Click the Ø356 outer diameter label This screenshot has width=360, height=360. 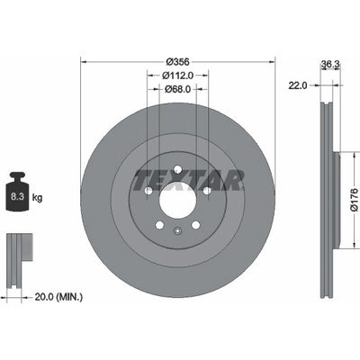click(x=178, y=62)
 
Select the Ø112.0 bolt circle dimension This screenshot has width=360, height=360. click(x=177, y=76)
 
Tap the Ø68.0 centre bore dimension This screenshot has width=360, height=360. click(x=177, y=89)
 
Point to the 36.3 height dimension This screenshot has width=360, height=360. click(x=330, y=64)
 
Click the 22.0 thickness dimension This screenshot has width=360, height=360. click(x=298, y=85)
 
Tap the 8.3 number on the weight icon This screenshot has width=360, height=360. click(x=17, y=197)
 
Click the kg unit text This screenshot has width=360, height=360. click(x=37, y=198)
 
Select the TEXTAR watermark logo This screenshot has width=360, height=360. click(x=188, y=181)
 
